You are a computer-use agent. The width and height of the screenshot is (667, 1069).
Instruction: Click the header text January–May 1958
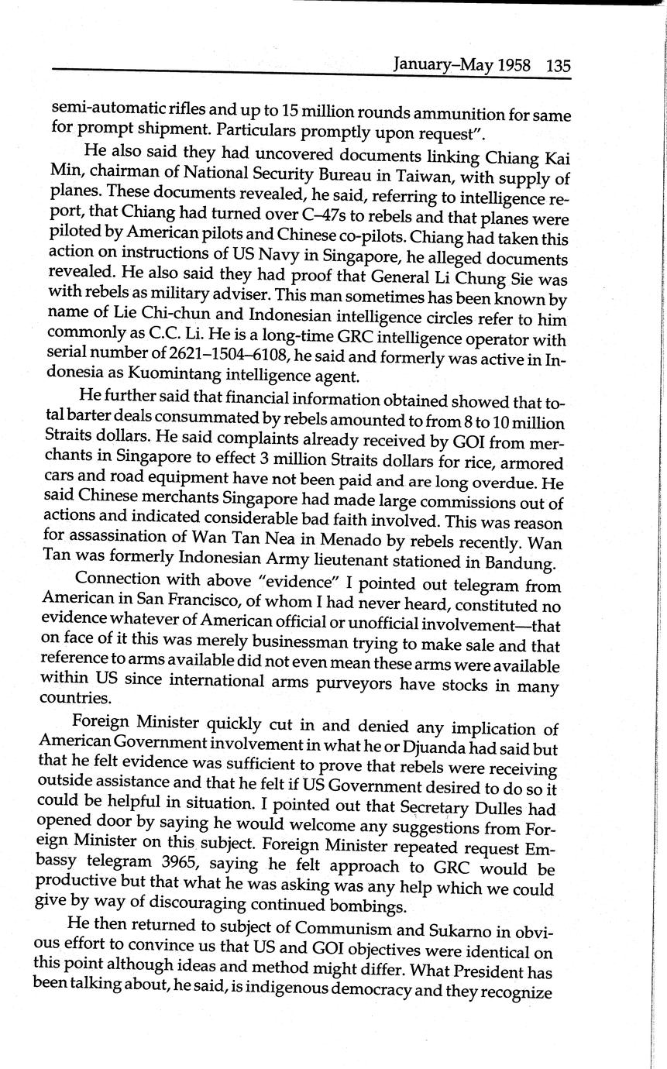(x=462, y=65)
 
